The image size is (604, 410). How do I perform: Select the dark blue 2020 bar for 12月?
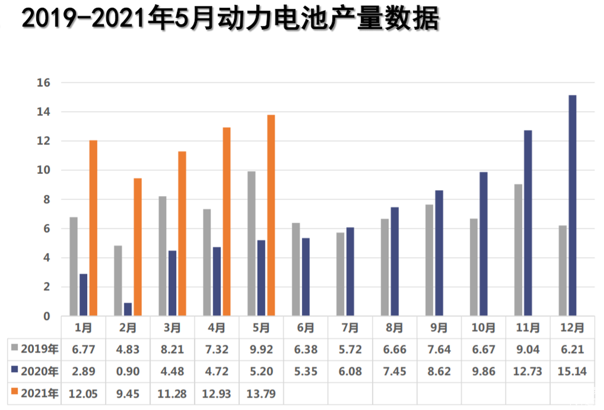click(573, 205)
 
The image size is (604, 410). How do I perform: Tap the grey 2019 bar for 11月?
click(518, 249)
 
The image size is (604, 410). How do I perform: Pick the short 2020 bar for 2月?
click(128, 309)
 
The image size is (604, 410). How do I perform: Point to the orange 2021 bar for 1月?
click(93, 228)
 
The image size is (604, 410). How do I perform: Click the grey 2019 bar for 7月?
click(341, 274)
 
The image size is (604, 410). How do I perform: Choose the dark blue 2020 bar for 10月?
click(484, 244)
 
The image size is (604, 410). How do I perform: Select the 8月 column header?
click(394, 328)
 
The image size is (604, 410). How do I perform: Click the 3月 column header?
click(172, 328)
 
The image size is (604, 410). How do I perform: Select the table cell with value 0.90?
click(127, 371)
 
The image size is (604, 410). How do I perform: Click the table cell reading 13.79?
click(261, 394)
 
